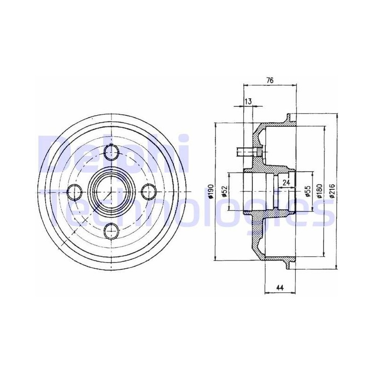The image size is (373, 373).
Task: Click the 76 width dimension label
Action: pos(270,80)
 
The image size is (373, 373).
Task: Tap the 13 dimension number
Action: pos(248,101)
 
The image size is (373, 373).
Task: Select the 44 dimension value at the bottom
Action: pos(280,288)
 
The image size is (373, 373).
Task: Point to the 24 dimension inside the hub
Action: pos(286,183)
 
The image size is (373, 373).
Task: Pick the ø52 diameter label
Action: pos(224,192)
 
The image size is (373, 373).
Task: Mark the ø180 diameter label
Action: pos(319,192)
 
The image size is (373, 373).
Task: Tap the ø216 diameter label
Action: pos(332,191)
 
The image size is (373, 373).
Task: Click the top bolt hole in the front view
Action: pos(111,152)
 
